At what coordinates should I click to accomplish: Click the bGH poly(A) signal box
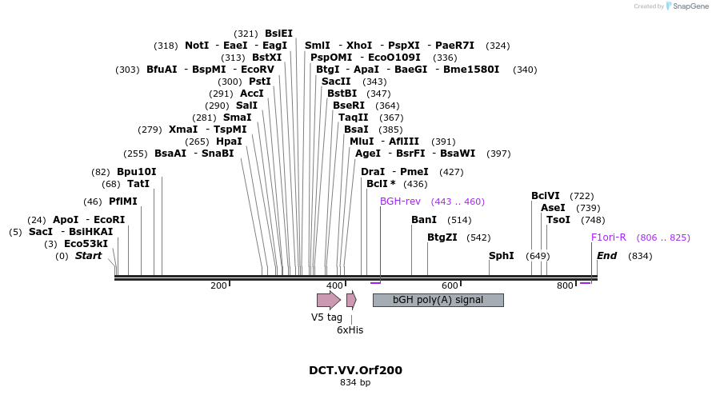tap(438, 300)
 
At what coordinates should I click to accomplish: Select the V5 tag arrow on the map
tap(328, 300)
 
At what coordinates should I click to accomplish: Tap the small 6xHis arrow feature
tap(351, 300)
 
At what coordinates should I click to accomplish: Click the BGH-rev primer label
tap(400, 201)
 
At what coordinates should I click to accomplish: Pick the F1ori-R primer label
tap(608, 237)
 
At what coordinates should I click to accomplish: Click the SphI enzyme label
tap(502, 256)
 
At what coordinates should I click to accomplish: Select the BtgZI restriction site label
tap(442, 237)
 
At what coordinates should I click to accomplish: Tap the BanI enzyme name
tap(424, 220)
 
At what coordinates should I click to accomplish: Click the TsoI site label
tap(558, 220)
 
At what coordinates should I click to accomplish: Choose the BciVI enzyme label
tap(546, 196)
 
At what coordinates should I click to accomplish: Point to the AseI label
tap(553, 208)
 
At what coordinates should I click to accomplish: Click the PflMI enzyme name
tap(123, 201)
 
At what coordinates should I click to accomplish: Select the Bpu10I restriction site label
tap(136, 172)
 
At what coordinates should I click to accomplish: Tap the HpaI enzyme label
tap(229, 142)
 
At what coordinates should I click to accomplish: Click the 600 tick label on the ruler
tap(450, 285)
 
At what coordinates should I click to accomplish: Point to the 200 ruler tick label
tap(218, 285)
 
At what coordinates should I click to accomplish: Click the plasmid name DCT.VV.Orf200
tap(355, 370)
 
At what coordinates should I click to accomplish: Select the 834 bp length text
tap(355, 383)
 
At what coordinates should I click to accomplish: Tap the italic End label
tap(607, 256)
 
